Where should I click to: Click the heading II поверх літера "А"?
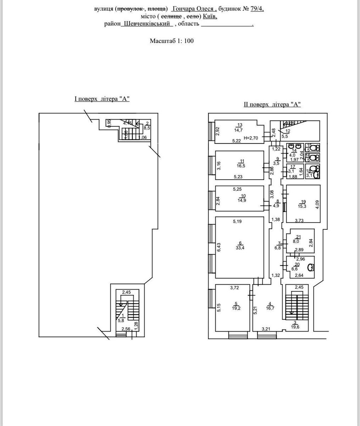(x=272, y=104)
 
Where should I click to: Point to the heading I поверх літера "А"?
(x=102, y=99)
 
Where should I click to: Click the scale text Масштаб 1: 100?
(x=172, y=41)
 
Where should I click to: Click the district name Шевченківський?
(x=147, y=24)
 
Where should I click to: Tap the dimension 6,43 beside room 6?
(x=219, y=247)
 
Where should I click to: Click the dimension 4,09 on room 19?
(x=317, y=205)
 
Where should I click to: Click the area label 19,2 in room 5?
(x=236, y=308)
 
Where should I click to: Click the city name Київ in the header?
(x=210, y=16)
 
